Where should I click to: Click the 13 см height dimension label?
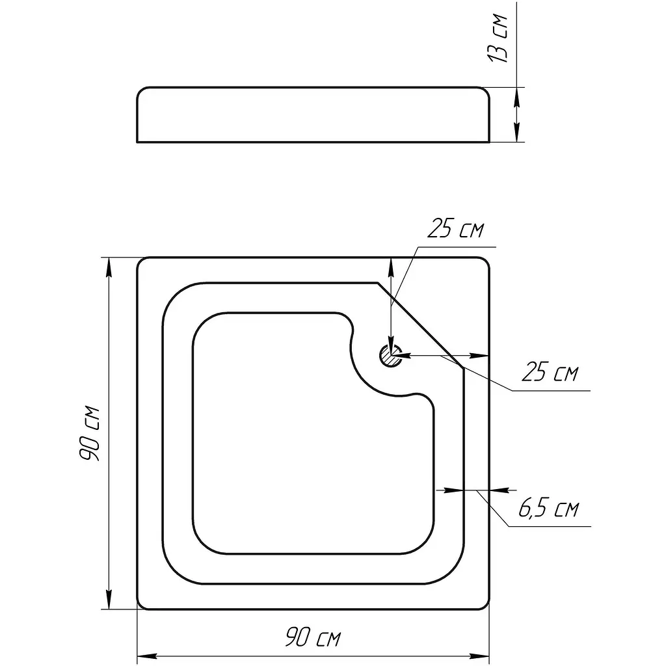498,38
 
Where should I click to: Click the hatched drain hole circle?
391,356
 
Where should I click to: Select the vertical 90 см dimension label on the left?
89,433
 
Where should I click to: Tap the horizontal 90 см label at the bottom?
313,637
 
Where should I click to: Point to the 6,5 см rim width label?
548,508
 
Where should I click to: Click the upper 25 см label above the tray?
455,228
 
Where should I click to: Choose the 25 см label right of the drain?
550,372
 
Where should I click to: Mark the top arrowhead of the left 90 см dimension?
109,267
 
